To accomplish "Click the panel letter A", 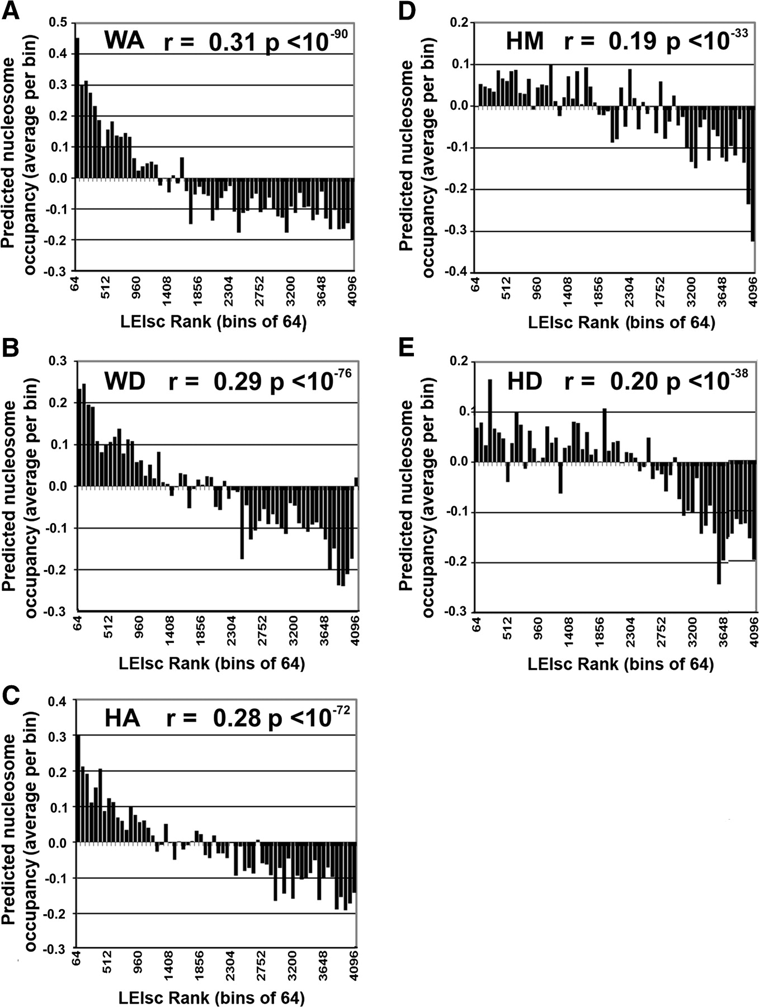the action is point(11,11).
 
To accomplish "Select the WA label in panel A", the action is point(124,40).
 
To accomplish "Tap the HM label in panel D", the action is point(525,40).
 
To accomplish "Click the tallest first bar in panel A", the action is point(77,108).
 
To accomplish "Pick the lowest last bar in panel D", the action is point(753,173).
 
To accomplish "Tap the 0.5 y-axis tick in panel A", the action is point(57,23).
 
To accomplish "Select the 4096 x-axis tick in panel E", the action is point(753,631).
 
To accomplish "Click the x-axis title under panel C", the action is point(211,997).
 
